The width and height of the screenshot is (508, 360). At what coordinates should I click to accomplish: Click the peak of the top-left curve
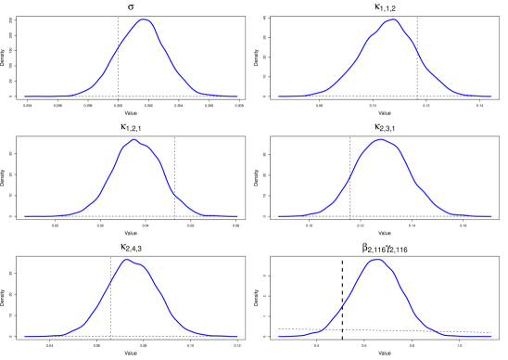point(143,19)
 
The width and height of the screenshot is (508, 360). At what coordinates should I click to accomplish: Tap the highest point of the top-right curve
point(392,19)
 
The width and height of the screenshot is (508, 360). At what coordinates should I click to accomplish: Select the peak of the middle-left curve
point(133,139)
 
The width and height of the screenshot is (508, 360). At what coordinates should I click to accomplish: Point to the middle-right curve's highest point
point(380,139)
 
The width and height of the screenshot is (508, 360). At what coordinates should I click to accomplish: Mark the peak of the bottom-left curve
point(127,259)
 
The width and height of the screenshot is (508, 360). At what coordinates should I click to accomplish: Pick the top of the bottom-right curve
point(375,259)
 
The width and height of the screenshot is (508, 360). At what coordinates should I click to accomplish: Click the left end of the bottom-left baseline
point(18,336)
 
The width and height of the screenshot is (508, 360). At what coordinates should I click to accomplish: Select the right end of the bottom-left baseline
point(244,336)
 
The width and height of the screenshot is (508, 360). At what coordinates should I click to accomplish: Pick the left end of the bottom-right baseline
point(272,336)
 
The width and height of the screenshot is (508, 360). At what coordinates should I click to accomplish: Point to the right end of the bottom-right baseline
point(498,336)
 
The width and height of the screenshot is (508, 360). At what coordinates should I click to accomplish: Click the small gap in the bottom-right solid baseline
point(342,336)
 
